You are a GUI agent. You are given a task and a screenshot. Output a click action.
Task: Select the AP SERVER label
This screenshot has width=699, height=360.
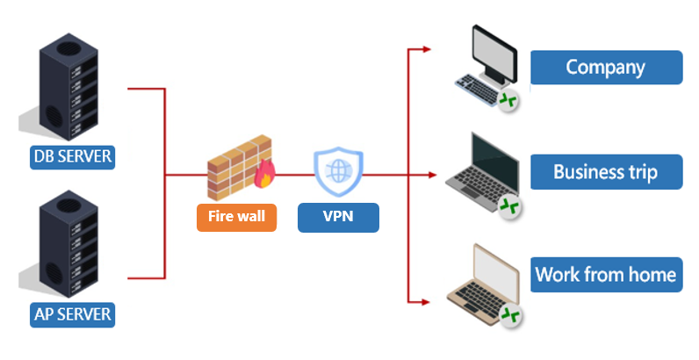coord(73,313)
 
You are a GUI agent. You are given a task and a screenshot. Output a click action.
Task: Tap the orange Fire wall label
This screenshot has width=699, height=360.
coord(236,215)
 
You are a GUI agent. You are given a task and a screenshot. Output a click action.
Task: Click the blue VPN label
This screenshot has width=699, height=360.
coord(338,216)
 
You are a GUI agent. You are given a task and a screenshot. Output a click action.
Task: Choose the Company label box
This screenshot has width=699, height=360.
coord(606,67)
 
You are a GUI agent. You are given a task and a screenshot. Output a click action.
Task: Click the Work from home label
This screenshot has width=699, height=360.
coord(606,275)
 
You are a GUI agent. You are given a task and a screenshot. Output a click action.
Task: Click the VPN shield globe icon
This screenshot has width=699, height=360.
coord(338,171)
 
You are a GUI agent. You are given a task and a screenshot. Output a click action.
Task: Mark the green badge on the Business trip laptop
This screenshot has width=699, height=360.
coord(508,206)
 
